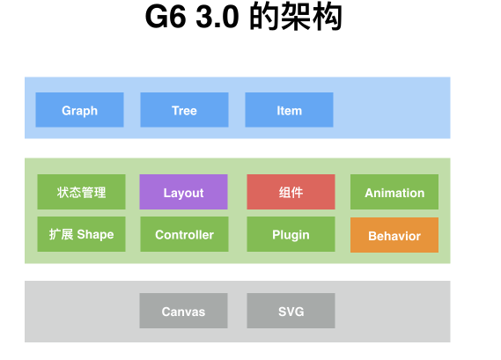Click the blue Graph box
point(79,110)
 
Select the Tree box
point(184,110)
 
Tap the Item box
point(289,110)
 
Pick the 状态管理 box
point(81,192)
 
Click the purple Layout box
point(183,192)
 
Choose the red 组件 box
point(291,192)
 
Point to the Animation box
point(394,192)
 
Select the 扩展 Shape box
point(81,234)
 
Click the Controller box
point(183,234)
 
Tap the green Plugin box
point(291,234)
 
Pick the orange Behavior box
point(394,235)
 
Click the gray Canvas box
point(183,311)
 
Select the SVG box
point(291,311)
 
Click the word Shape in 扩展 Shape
point(95,234)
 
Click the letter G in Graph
point(66,110)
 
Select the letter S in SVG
point(282,312)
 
